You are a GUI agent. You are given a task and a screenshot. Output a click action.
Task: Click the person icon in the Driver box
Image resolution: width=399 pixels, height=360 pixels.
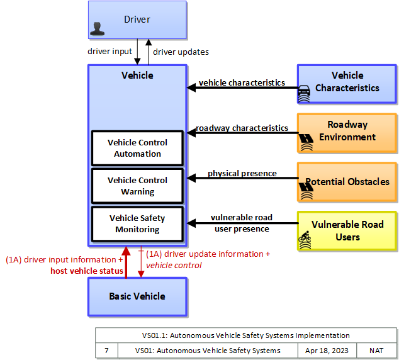[97, 29]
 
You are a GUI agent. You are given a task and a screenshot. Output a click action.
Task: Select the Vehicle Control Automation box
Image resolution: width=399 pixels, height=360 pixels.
[137, 148]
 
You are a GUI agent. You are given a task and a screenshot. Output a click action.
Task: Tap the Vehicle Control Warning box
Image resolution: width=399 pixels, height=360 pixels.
[137, 186]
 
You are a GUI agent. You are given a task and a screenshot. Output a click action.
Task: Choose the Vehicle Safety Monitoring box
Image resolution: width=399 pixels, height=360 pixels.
[137, 224]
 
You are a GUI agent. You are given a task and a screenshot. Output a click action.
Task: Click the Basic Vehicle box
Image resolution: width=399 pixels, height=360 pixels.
[137, 296]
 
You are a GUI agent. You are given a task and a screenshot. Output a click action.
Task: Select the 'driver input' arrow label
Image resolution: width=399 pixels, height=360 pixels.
[110, 52]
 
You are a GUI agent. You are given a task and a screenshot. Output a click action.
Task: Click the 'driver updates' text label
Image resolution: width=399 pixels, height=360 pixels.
[181, 52]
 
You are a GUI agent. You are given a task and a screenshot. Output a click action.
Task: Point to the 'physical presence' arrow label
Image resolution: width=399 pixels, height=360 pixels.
[242, 173]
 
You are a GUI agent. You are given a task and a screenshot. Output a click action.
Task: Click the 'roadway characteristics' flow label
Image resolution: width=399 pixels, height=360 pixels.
[242, 128]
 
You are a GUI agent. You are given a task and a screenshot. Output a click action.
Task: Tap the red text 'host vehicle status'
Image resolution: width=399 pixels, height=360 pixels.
[87, 271]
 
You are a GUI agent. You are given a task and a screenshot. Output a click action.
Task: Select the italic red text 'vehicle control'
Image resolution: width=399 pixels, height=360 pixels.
[174, 266]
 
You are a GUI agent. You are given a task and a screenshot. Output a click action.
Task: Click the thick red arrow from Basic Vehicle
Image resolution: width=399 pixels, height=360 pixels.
[126, 262]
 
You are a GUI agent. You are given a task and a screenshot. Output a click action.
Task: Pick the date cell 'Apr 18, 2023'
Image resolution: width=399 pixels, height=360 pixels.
[327, 351]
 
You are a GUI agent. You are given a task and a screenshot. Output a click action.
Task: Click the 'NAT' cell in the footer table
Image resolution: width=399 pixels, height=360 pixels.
[376, 351]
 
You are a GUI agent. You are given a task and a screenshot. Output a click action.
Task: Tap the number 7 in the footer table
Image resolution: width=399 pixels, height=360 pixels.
[106, 351]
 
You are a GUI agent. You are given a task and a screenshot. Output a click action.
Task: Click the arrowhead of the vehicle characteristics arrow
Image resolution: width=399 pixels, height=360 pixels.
[191, 87]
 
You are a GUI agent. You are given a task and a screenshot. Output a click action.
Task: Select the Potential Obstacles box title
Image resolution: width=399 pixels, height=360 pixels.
[347, 182]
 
